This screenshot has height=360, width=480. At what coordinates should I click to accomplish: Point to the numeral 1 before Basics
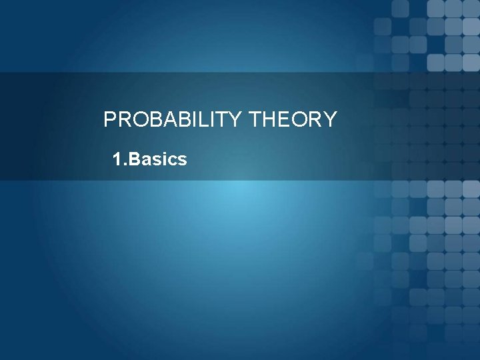click(117, 160)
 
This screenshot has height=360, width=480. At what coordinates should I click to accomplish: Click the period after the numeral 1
click(125, 165)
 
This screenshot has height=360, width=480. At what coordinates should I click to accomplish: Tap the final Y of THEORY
click(331, 120)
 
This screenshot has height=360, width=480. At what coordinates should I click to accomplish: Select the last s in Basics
click(181, 161)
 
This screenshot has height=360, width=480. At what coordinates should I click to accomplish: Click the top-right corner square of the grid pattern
click(471, 8)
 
